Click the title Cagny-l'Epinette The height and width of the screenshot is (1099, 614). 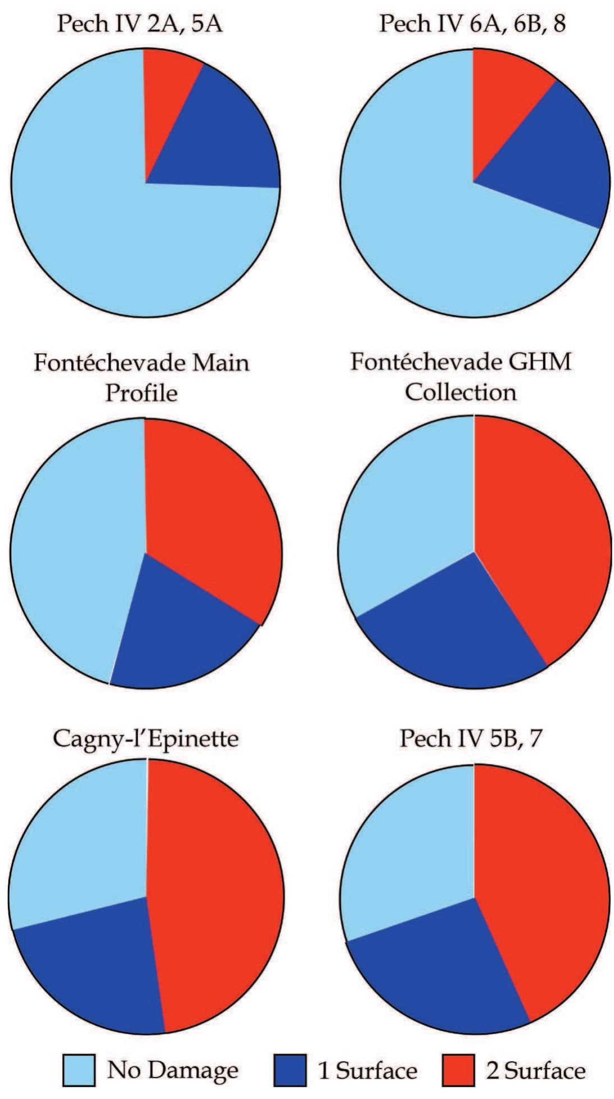point(145,738)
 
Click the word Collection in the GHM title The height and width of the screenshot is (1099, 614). point(461,392)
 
